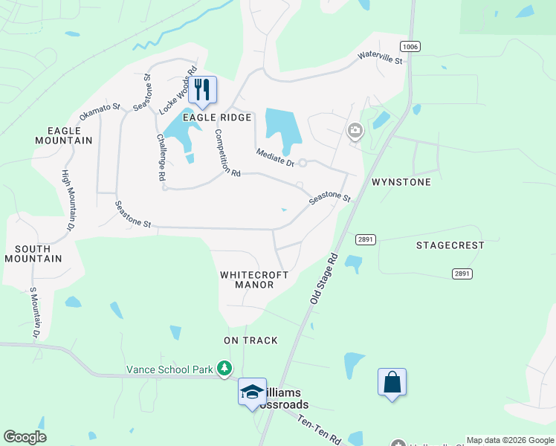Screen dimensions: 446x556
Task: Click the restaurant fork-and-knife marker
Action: tap(202, 90)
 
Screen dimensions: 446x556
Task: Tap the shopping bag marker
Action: tap(392, 383)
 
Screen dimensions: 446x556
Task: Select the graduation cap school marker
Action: tap(252, 392)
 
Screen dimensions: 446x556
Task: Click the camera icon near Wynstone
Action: tap(355, 132)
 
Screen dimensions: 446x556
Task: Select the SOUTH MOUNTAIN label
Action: tap(33, 253)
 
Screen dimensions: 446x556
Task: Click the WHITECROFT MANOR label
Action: tap(254, 279)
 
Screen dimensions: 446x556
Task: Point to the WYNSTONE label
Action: tap(401, 182)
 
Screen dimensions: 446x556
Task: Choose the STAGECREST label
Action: tap(450, 245)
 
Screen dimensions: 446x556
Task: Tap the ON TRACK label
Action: tap(250, 340)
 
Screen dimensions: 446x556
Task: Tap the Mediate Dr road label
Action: tap(275, 158)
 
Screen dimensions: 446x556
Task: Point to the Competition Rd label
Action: tap(227, 153)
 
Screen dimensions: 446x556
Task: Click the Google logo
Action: tap(25, 437)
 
